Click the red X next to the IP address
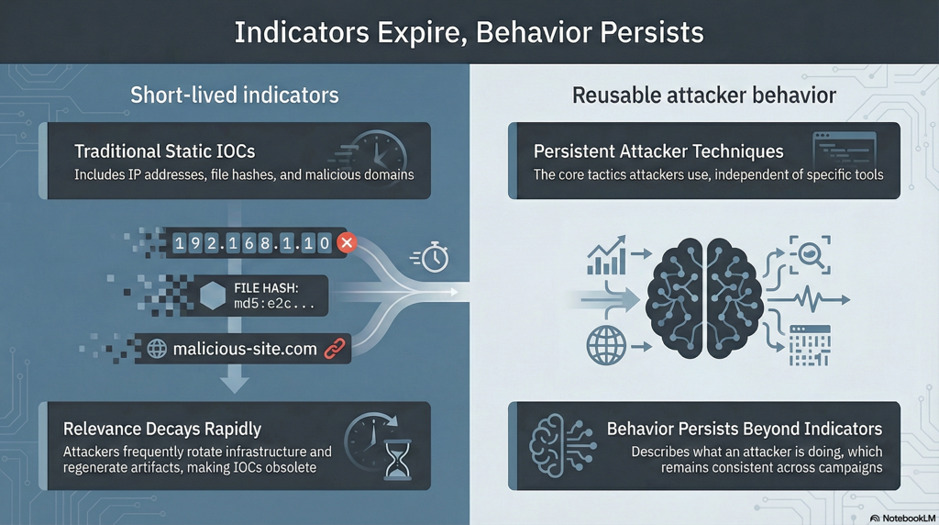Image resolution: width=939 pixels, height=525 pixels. point(346,242)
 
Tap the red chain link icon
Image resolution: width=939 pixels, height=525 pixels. point(334,349)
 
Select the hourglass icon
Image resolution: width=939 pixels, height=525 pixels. point(398,460)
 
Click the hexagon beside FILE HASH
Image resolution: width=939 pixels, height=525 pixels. point(212,296)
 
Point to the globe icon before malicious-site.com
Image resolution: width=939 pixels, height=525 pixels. point(157,349)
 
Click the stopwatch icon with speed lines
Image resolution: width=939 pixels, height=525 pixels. point(431,257)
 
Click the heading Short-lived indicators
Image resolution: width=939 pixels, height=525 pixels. point(235,95)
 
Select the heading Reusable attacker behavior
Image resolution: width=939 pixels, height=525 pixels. point(704,95)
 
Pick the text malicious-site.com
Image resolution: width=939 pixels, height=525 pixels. point(245,349)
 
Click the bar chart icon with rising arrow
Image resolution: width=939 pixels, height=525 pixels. point(607,255)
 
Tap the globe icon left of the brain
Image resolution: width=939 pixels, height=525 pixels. point(606,345)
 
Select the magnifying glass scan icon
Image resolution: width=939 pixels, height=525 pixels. point(811,255)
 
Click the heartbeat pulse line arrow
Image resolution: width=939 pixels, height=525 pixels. point(809,299)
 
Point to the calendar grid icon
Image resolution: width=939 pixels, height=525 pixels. point(810,346)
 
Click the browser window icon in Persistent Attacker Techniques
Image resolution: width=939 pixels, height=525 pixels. point(845,151)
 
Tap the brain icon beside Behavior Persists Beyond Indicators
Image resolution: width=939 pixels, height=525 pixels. point(563,445)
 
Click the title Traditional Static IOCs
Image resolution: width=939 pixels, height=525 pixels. point(165,151)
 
